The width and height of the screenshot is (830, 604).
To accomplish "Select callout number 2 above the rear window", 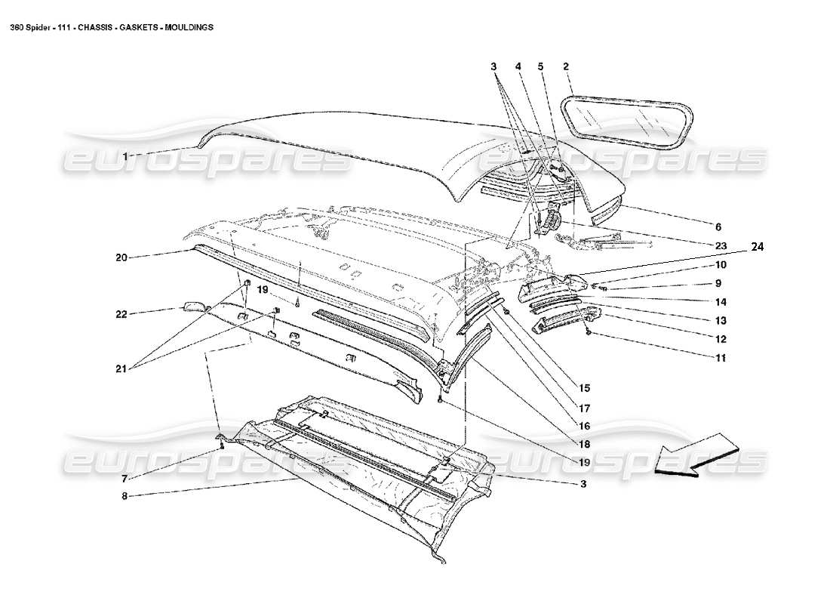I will coord(565,67).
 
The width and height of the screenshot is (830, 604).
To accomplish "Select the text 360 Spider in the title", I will coord(29,26).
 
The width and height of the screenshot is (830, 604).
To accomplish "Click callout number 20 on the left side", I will coord(121,257).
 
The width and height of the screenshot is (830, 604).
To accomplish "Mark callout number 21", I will coord(121,370).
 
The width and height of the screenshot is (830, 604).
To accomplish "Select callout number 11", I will coord(720,359).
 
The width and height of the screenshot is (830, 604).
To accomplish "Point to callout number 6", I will coord(718,226).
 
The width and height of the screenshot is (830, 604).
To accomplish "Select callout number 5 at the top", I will coord(540,67).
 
